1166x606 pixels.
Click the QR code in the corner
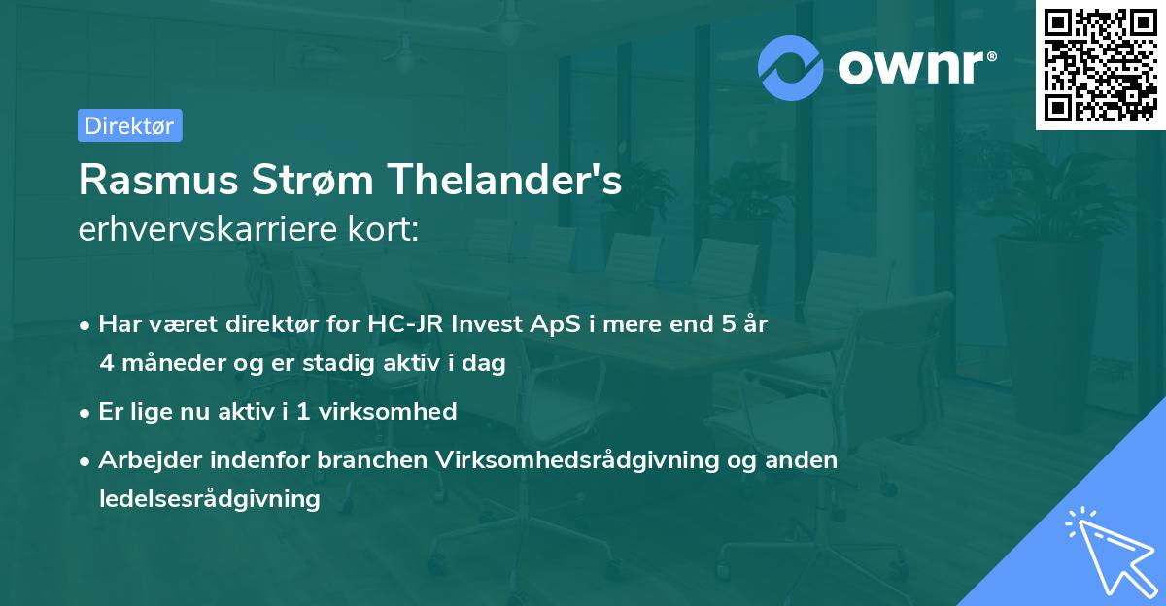(1100, 65)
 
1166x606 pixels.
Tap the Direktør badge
(129, 125)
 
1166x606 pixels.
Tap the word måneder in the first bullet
(164, 363)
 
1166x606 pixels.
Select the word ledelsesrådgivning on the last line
(209, 499)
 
